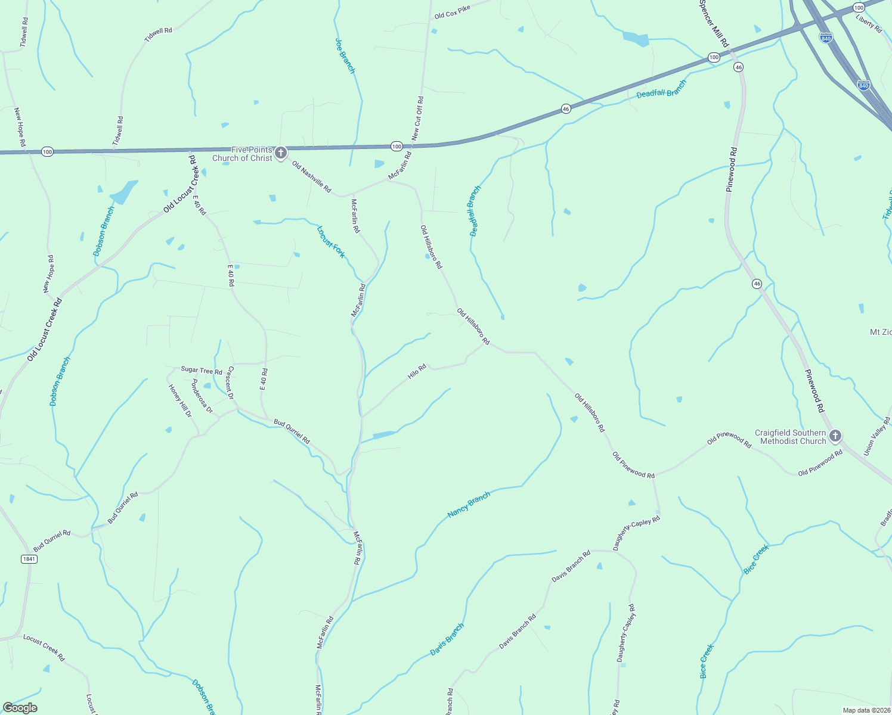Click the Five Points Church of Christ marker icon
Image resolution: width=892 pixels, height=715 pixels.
(x=281, y=153)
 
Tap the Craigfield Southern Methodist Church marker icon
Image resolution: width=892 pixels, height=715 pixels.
(x=835, y=436)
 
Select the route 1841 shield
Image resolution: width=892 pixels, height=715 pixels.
(x=29, y=559)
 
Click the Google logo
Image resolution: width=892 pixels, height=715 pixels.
(x=20, y=707)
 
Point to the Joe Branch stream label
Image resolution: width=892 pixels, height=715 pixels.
(x=345, y=56)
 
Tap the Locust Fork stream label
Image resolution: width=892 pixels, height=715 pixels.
(x=331, y=241)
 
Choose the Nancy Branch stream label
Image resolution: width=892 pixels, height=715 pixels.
(x=469, y=505)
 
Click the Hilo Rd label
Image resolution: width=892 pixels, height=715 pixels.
(x=417, y=372)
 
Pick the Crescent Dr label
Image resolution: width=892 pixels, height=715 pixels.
(x=230, y=383)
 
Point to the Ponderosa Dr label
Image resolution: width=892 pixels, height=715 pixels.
(x=202, y=396)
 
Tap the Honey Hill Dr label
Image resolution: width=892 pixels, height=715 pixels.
(x=180, y=400)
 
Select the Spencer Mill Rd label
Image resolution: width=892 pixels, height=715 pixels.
(x=714, y=23)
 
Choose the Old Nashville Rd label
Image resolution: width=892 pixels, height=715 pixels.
(x=311, y=176)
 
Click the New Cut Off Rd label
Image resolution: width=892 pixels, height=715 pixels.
(x=417, y=119)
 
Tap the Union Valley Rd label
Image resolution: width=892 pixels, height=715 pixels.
(x=878, y=436)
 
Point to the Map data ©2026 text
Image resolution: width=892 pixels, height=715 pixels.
(x=865, y=710)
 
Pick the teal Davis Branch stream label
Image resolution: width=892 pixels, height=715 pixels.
(x=447, y=639)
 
